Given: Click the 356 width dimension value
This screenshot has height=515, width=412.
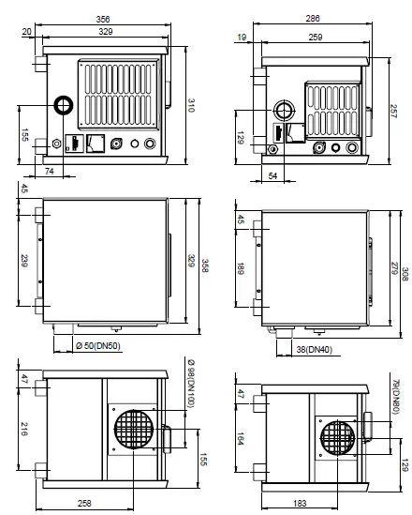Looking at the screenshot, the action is [x=103, y=20].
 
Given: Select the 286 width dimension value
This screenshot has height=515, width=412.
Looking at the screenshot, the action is [x=313, y=19].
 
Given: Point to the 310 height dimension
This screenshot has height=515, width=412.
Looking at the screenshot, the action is [x=191, y=105].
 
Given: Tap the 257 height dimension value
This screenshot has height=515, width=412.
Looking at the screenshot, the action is [x=393, y=112].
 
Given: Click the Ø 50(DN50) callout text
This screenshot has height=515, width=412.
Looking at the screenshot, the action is [x=98, y=346].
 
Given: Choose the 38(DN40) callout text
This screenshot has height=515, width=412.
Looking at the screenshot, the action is [x=315, y=350].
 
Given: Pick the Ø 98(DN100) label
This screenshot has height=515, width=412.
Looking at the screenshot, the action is [x=191, y=384].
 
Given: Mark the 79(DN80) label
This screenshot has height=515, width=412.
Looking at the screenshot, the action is [x=395, y=397].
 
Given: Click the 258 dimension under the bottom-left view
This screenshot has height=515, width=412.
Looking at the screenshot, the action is [x=84, y=503].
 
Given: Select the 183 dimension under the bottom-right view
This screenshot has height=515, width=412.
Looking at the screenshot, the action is [x=300, y=503].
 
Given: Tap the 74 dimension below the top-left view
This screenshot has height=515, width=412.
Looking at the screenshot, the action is [x=50, y=171].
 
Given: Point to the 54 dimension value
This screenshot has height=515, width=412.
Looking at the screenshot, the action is [x=272, y=175].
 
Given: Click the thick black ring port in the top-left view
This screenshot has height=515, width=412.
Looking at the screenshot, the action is [x=64, y=105].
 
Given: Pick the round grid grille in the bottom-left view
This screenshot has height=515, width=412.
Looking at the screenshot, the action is [x=134, y=430].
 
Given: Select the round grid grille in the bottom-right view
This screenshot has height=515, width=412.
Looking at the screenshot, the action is [x=337, y=438].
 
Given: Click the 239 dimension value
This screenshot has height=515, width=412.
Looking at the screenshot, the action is [x=24, y=261].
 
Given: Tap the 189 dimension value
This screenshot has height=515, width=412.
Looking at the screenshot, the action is [x=241, y=268].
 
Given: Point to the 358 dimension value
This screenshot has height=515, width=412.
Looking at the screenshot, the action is [x=204, y=265].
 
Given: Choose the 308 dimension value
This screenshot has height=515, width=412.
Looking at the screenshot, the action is [x=405, y=274].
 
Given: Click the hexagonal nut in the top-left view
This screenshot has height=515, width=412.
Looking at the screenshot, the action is [x=56, y=144].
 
